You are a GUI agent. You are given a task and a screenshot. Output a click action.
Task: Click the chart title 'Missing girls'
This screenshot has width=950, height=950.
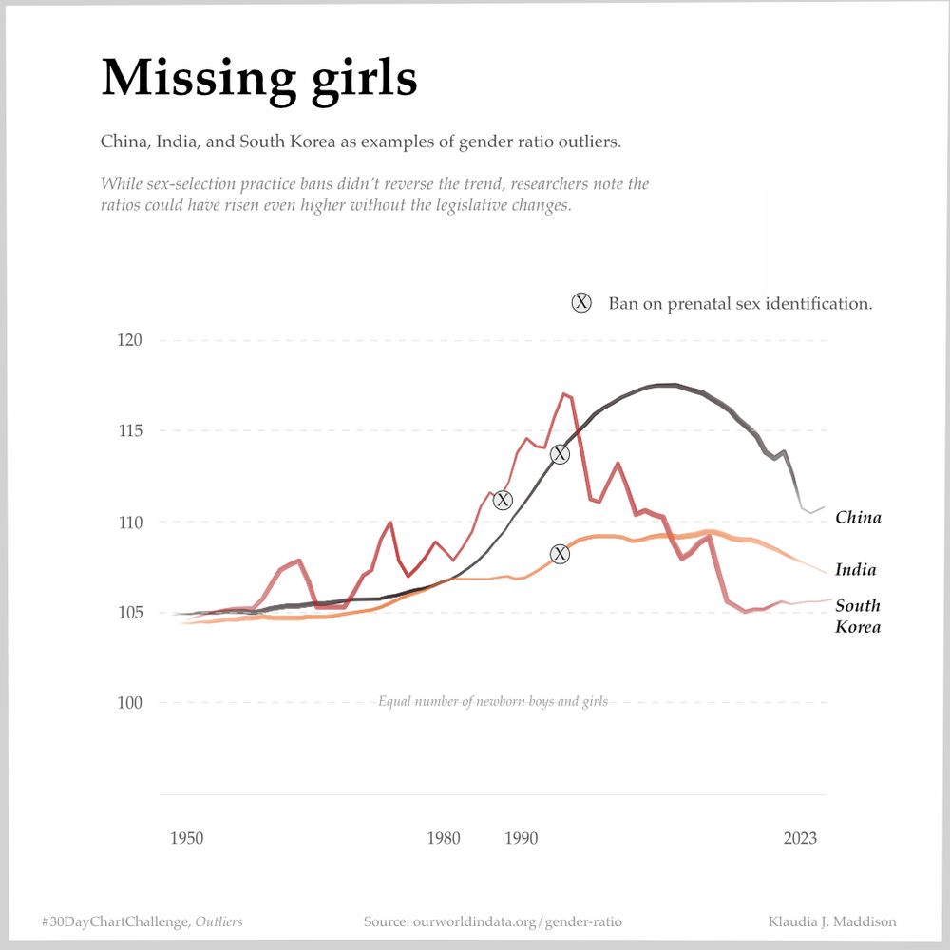[x=258, y=78]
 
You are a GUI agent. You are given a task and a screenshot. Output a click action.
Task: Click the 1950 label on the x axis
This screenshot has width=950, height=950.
[x=186, y=838]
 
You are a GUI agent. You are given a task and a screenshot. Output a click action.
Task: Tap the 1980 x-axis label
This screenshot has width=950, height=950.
[x=444, y=838]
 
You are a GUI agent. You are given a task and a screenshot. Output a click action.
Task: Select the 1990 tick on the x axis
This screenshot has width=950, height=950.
[x=521, y=838]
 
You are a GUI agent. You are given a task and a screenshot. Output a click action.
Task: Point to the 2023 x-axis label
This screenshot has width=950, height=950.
[x=800, y=838]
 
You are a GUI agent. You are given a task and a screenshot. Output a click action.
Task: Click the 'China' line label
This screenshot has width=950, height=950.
[x=858, y=518]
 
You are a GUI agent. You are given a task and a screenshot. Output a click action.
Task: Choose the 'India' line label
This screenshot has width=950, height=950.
[x=855, y=570]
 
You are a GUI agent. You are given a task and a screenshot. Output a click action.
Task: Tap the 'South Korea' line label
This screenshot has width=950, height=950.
[x=858, y=616]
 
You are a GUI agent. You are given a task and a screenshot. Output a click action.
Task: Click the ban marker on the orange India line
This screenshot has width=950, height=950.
[x=560, y=554]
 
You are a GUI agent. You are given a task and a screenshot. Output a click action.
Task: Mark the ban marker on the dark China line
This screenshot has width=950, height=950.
[x=560, y=454]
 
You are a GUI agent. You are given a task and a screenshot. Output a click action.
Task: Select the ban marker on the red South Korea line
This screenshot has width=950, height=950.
[x=503, y=500]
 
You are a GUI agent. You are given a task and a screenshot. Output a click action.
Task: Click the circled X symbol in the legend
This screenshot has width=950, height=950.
[x=581, y=303]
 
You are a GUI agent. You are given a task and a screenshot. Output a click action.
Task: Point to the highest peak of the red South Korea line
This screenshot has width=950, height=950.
[x=564, y=393]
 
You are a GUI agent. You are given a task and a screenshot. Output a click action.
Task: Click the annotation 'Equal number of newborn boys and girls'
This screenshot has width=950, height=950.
[x=492, y=702]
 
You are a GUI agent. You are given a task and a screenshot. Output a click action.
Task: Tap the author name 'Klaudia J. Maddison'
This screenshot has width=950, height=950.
[x=831, y=921]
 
